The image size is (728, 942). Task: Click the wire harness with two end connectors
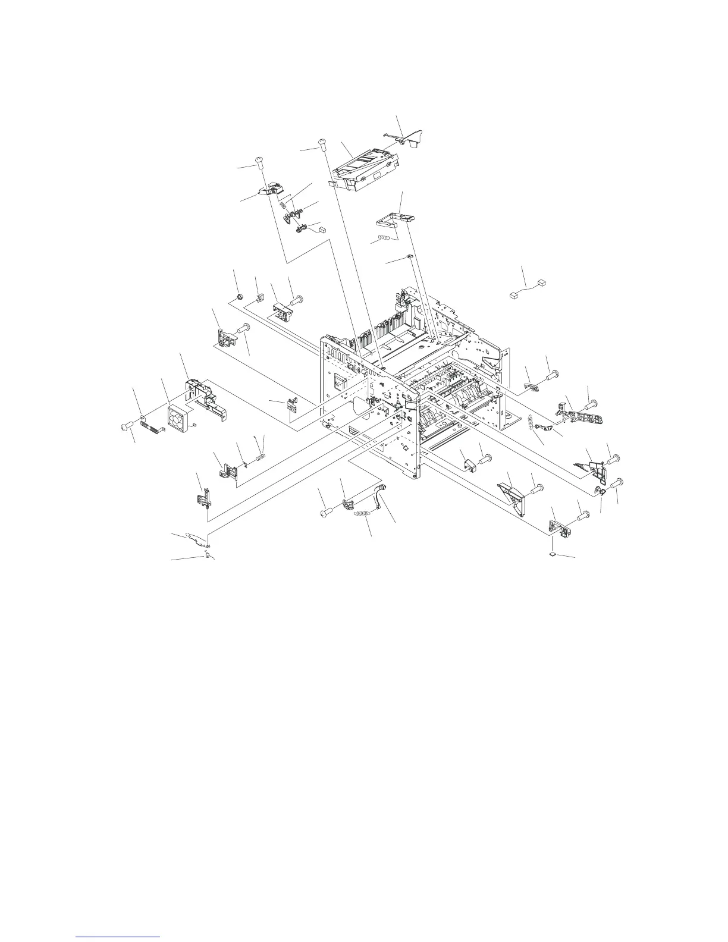point(526,288)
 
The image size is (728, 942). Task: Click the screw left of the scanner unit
point(322,142)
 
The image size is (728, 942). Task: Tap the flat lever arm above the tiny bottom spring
point(197,538)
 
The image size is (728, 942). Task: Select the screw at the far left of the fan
point(127,426)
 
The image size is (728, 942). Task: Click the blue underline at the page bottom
point(118,937)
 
